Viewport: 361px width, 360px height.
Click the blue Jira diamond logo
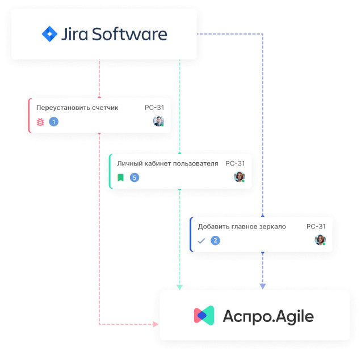coord(50,34)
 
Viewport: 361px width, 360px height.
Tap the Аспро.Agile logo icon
coord(204,315)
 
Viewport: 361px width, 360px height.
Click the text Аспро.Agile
coord(268,316)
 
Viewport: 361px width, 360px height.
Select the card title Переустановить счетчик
coord(77,108)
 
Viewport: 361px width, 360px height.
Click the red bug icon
coord(40,121)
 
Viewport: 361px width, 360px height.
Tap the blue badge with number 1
coord(54,121)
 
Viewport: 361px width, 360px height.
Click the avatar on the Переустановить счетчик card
coord(158,121)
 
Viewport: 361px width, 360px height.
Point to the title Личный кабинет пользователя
coord(167,163)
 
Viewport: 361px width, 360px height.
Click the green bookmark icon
coord(120,177)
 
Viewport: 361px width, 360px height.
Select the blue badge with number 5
coord(135,177)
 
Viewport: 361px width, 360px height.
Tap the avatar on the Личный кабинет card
coord(239,177)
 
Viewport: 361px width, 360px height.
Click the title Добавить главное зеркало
coord(242,226)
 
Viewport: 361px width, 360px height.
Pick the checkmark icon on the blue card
coord(201,240)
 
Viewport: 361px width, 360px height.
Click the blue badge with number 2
coord(215,240)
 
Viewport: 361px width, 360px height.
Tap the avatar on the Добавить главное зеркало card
coord(320,240)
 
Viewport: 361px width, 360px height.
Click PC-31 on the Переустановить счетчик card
coord(154,108)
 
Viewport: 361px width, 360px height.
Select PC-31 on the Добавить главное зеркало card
coord(316,226)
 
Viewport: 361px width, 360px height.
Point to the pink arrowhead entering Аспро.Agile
coord(155,324)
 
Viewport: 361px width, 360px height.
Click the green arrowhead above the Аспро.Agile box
coord(179,287)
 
